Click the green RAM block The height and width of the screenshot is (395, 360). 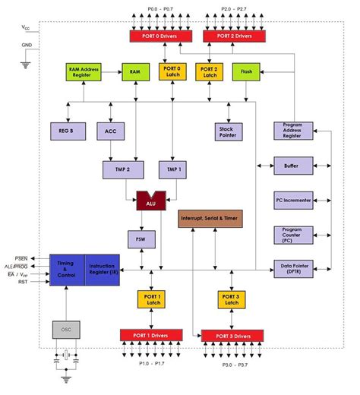[134, 72]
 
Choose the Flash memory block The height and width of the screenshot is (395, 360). [247, 72]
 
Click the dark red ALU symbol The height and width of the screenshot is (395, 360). [150, 201]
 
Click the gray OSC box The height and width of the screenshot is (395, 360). [65, 329]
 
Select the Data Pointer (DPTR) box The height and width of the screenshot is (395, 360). [292, 268]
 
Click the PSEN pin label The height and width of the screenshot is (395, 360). [24, 259]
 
